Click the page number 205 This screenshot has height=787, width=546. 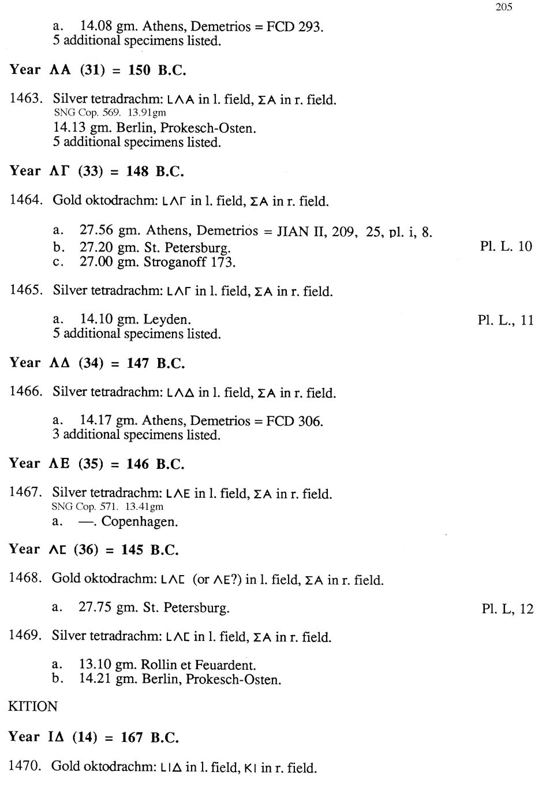(503, 7)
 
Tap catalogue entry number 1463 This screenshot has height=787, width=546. (25, 99)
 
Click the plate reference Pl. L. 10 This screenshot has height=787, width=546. (506, 247)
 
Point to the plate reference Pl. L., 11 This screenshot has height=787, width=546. (506, 320)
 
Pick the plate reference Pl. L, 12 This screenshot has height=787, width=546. (507, 609)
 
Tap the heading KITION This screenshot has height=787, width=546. (33, 707)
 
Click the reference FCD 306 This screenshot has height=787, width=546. (294, 422)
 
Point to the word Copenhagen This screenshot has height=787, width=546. (140, 522)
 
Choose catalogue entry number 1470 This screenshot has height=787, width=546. (24, 766)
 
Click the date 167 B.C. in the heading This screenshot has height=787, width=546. (149, 738)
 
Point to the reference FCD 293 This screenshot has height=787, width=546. (294, 27)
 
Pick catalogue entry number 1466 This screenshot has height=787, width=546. (25, 391)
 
